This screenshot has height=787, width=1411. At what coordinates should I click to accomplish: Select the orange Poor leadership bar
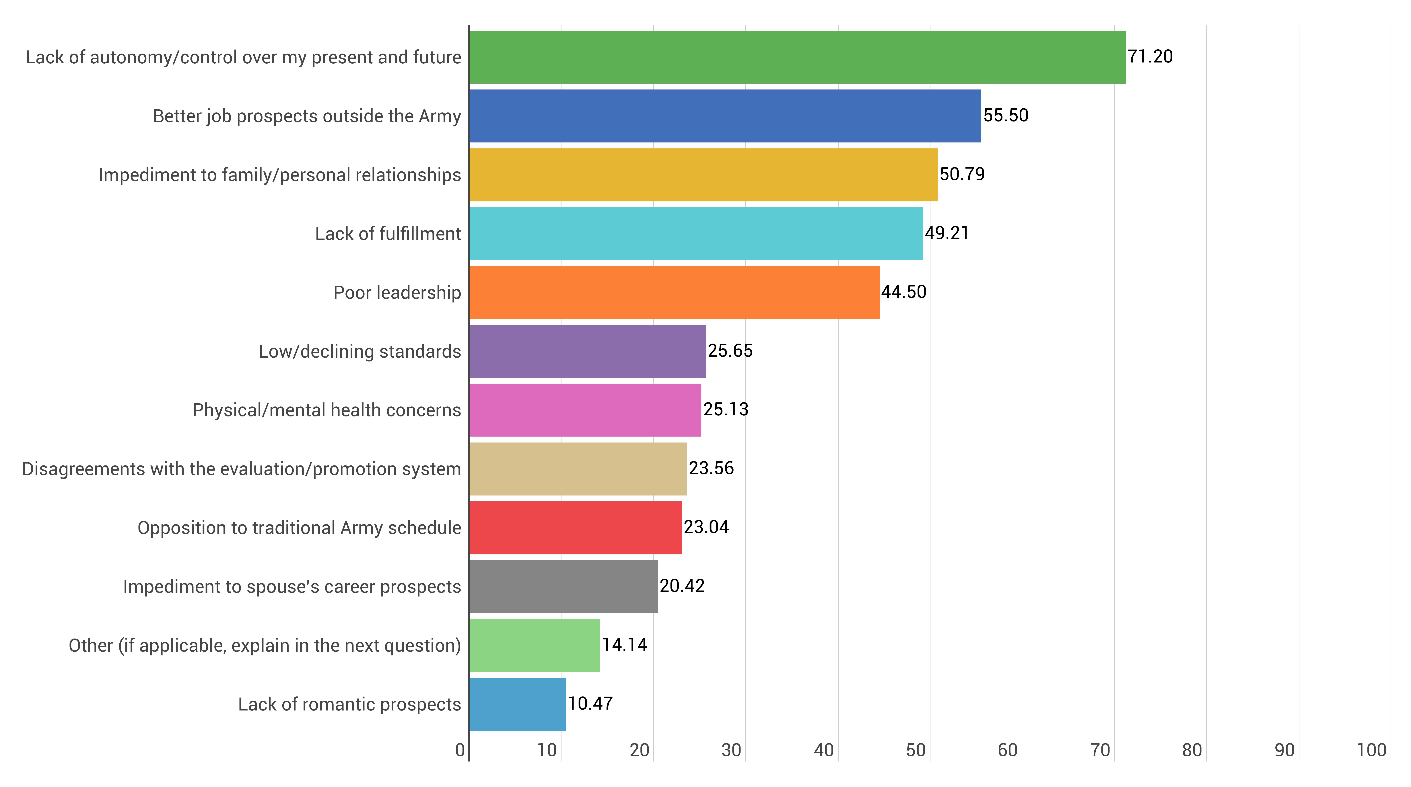coord(674,292)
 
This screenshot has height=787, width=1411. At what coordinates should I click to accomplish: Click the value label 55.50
coord(1006,115)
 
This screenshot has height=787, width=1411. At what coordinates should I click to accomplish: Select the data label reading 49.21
coord(947,233)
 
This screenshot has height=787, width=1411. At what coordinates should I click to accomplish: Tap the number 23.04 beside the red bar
coord(706,527)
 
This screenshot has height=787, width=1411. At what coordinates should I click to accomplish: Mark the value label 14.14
coord(624,645)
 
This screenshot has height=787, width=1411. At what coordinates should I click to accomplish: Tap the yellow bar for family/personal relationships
coord(703,175)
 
